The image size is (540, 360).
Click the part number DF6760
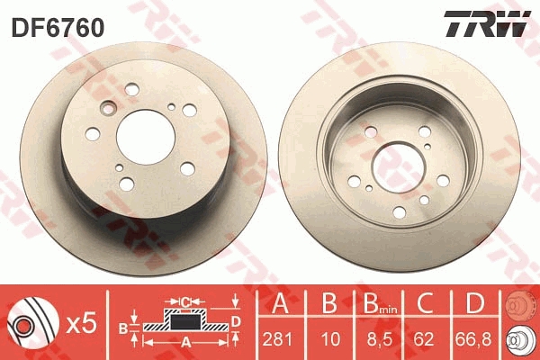tap(58, 28)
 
